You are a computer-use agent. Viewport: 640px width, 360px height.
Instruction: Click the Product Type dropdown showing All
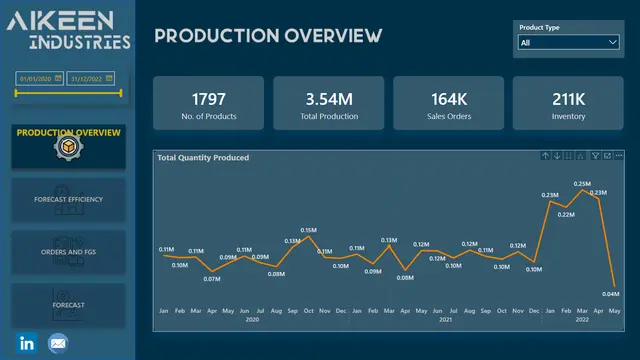[568, 43]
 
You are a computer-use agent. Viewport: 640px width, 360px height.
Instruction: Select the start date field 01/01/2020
[39, 77]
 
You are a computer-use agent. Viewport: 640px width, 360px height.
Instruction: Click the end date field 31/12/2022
[92, 77]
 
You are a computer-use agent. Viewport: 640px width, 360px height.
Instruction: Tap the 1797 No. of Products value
[209, 99]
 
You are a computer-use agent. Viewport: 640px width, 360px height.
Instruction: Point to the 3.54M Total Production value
[329, 99]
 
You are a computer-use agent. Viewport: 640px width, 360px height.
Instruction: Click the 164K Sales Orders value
[449, 99]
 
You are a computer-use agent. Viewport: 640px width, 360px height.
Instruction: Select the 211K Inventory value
[568, 99]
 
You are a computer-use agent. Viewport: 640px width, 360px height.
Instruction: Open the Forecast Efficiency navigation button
[68, 199]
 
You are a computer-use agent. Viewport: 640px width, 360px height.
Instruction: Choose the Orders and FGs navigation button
[68, 252]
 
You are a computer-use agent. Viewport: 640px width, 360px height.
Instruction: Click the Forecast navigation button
[68, 304]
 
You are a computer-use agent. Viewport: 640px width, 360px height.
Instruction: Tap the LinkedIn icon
[27, 343]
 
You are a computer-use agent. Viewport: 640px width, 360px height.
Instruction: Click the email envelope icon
[58, 343]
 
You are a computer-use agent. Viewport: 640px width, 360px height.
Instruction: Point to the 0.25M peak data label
[582, 184]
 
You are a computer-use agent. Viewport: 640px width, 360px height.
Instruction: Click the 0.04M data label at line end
[611, 293]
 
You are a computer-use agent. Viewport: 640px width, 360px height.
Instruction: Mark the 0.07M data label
[211, 278]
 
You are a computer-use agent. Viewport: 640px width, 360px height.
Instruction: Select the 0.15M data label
[309, 230]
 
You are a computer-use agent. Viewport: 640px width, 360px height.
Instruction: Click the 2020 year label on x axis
[253, 320]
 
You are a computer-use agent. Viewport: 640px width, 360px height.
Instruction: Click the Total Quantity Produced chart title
[203, 157]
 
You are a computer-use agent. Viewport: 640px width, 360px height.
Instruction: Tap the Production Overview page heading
[268, 37]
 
